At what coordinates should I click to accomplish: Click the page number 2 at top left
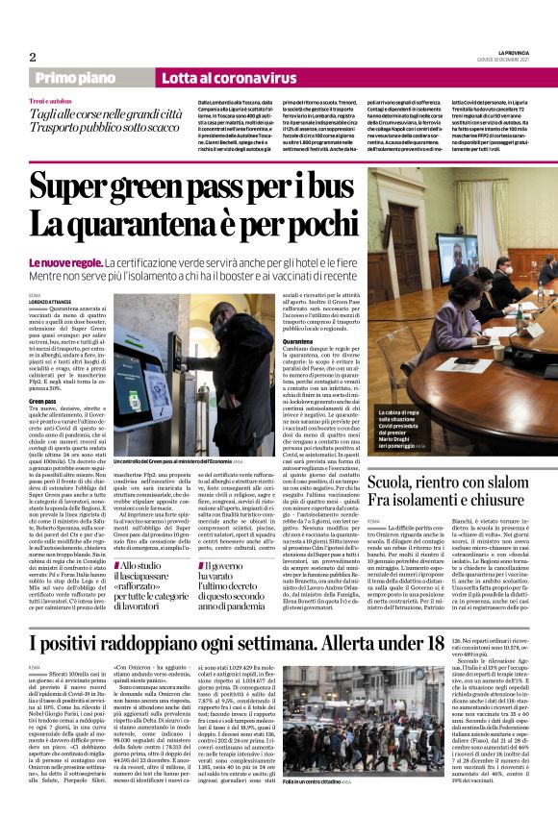coord(33,57)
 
